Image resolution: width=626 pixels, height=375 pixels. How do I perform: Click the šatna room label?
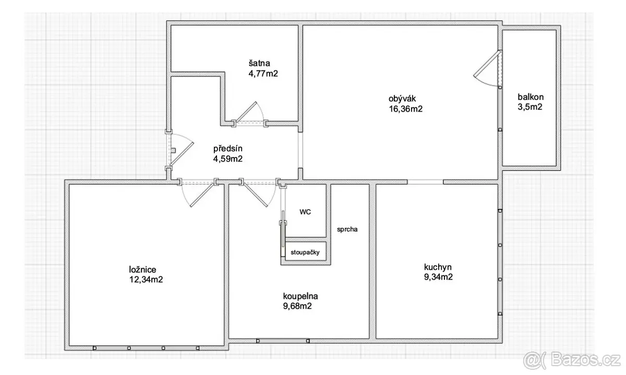[x=259, y=63]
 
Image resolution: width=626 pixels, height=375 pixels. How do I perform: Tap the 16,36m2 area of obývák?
[x=405, y=108]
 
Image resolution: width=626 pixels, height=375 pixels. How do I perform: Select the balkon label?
[x=531, y=97]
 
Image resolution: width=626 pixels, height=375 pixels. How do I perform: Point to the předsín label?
[x=228, y=148]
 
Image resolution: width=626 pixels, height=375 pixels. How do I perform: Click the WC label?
[x=305, y=212]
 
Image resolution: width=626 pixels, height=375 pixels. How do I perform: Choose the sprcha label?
[x=347, y=229]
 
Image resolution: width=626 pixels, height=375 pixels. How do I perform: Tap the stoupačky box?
[x=305, y=251]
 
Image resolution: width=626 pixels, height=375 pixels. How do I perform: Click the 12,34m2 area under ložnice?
[x=146, y=280]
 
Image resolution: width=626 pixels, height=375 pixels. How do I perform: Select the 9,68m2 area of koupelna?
[x=297, y=306]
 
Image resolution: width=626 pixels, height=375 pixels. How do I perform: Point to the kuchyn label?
[x=438, y=267]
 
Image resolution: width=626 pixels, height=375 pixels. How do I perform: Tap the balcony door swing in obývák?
[x=486, y=68]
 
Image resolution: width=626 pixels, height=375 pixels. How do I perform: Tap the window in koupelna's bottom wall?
[x=283, y=341]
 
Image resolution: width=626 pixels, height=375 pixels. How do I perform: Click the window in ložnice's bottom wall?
[x=146, y=348]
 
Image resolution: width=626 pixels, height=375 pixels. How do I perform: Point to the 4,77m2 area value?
[x=263, y=74]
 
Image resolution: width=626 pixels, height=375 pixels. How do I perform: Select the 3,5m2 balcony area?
[x=530, y=107]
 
